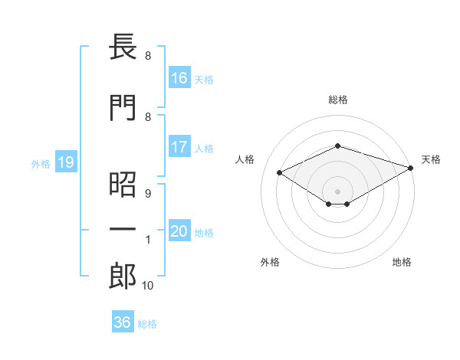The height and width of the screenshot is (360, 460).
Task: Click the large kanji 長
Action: (123, 47)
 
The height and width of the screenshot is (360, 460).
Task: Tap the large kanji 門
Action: (123, 107)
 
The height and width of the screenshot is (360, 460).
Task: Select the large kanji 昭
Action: (123, 185)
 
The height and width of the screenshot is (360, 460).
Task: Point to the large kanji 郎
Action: (123, 276)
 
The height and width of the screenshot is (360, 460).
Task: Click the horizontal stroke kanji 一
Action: (123, 229)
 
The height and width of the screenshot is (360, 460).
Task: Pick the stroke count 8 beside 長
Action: (148, 56)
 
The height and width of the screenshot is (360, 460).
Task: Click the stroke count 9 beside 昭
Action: (148, 194)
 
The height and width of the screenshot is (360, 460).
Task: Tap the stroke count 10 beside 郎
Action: (147, 286)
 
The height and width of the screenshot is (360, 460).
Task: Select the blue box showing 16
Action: (180, 77)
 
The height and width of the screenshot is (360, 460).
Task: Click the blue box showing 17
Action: (180, 146)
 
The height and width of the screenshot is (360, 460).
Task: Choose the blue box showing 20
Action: (180, 230)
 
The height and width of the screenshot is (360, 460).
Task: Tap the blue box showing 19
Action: (66, 162)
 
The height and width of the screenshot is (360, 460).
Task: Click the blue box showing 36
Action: (123, 321)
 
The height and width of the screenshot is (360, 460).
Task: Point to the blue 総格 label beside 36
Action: (147, 324)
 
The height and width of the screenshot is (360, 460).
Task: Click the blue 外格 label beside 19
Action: (41, 164)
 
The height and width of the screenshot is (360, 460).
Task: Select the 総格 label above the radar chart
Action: (338, 100)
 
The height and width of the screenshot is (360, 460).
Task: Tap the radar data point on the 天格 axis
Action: (411, 168)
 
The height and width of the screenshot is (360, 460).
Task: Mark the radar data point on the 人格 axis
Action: (280, 172)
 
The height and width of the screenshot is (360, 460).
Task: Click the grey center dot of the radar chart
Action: (337, 191)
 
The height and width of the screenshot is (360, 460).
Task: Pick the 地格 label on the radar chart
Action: (402, 262)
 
